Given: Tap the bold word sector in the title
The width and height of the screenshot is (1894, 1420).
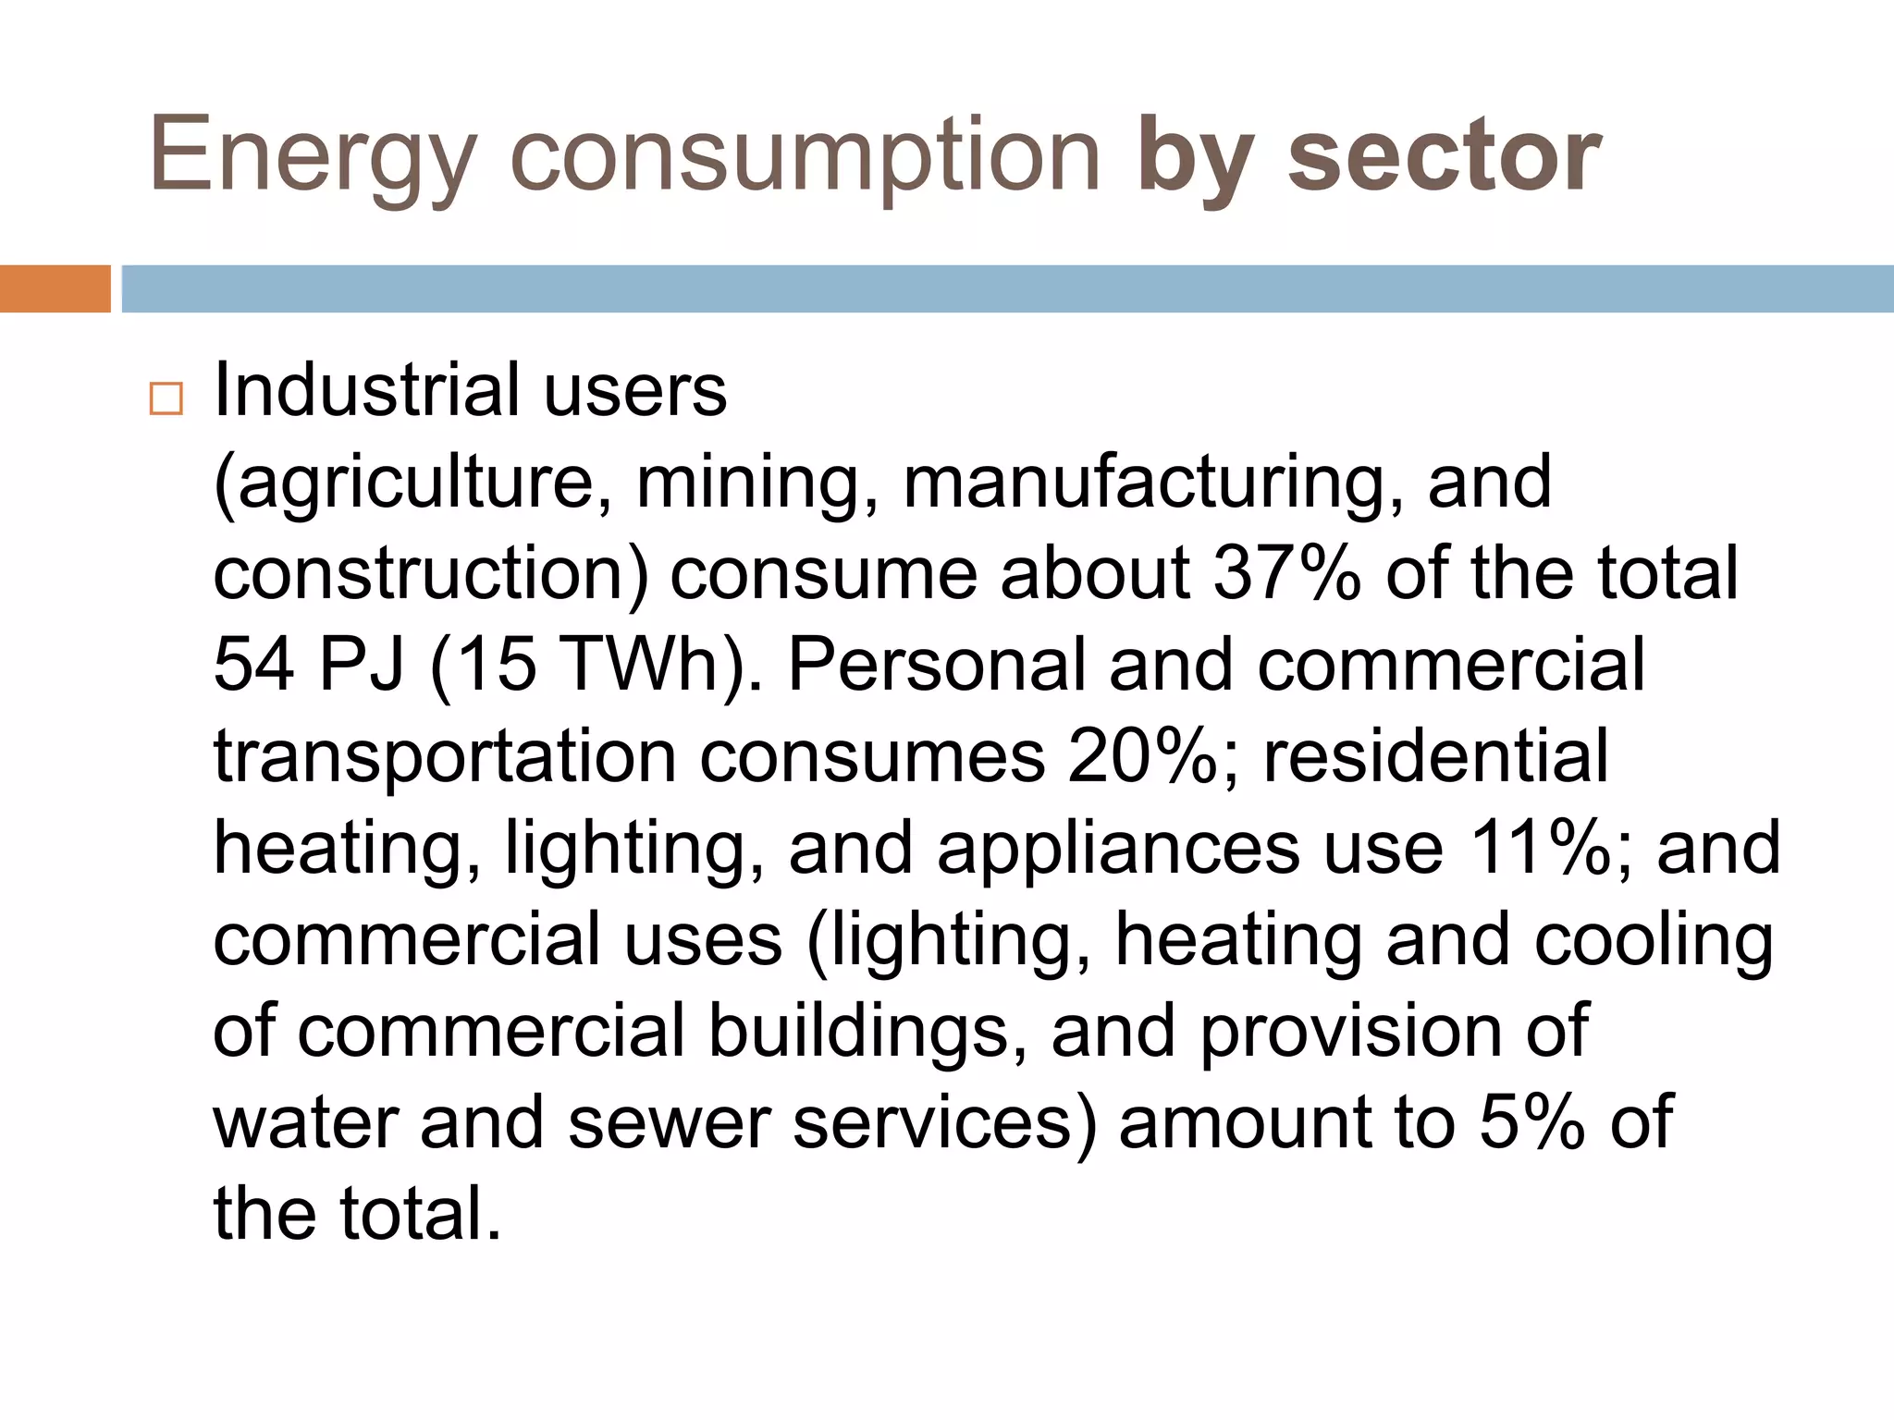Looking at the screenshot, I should (1445, 155).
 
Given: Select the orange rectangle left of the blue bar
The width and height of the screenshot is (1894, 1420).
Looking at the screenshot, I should (55, 288).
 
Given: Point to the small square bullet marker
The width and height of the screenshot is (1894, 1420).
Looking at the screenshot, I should (166, 398).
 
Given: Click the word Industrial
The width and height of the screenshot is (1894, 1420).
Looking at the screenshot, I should (366, 389).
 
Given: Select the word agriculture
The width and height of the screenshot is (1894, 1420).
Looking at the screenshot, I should (412, 483).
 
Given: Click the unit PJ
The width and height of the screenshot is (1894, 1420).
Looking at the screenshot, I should (360, 664).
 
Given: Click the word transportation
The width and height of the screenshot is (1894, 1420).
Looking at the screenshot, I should (445, 756).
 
